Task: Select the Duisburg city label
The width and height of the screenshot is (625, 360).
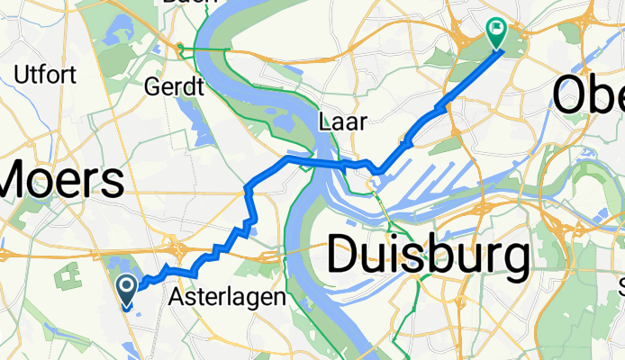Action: tap(428, 255)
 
